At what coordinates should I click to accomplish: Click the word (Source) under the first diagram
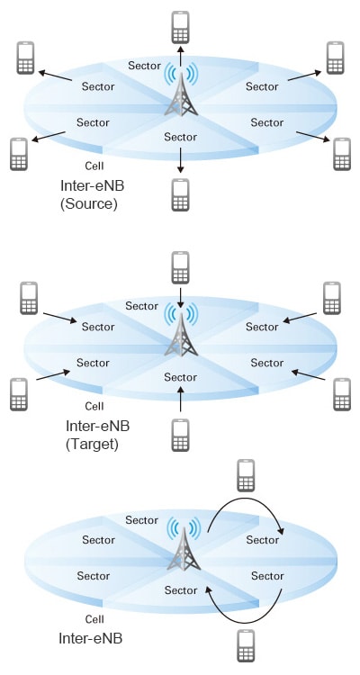[88, 203]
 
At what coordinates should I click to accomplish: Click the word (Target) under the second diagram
[92, 444]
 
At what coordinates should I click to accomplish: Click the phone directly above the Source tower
[180, 28]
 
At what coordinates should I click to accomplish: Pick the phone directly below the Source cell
[180, 194]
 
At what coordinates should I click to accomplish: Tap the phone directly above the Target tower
[180, 268]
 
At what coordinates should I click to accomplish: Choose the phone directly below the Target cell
[180, 435]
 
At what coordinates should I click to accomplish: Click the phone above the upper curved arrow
[246, 475]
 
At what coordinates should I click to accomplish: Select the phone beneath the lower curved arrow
[246, 645]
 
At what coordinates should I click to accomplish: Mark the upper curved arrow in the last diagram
[246, 499]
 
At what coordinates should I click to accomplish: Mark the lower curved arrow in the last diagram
[246, 621]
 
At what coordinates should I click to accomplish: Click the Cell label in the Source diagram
[94, 166]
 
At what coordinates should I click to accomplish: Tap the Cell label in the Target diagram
[94, 406]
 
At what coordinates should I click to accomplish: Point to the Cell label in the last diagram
[94, 619]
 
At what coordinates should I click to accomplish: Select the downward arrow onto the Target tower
[180, 298]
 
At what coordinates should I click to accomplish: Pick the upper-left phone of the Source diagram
[25, 58]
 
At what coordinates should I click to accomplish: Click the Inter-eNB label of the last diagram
[90, 638]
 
